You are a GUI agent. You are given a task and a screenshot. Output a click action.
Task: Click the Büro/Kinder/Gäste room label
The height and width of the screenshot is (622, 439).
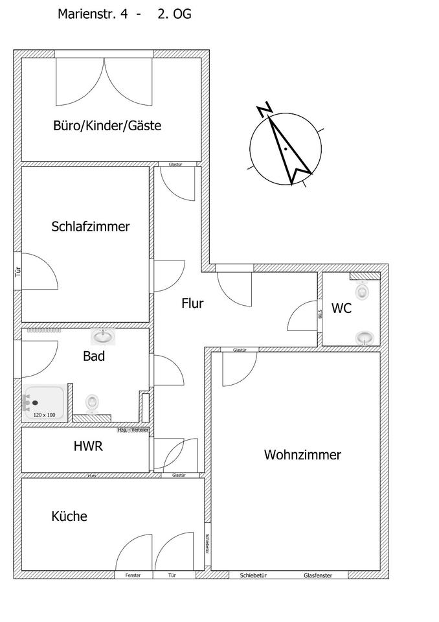click(x=107, y=126)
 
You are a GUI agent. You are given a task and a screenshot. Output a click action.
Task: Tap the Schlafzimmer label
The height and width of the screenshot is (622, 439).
click(x=90, y=227)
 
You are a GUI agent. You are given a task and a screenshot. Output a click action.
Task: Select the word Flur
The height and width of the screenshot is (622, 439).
click(x=192, y=303)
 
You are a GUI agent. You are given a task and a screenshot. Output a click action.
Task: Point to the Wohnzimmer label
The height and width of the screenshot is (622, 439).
click(x=302, y=455)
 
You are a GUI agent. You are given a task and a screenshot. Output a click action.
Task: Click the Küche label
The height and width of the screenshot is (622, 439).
click(x=69, y=516)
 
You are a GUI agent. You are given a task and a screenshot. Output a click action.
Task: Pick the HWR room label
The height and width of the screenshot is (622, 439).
click(x=87, y=446)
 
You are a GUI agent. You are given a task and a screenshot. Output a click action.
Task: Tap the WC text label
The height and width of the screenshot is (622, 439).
click(x=341, y=308)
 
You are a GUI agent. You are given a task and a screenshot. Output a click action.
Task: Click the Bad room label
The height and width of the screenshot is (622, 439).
click(x=94, y=356)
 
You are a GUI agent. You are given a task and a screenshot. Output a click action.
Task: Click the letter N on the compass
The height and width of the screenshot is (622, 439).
click(x=264, y=109)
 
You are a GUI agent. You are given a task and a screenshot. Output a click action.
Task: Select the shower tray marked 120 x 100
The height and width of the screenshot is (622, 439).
click(x=45, y=402)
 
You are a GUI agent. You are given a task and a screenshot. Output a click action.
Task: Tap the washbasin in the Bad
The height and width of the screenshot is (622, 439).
click(x=102, y=336)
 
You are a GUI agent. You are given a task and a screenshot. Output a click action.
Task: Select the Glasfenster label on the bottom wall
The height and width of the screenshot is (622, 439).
click(x=319, y=575)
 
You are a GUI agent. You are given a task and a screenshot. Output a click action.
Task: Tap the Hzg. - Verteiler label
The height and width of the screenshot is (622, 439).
click(x=133, y=430)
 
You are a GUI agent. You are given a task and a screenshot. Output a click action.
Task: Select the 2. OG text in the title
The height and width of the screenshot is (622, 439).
click(x=174, y=14)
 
